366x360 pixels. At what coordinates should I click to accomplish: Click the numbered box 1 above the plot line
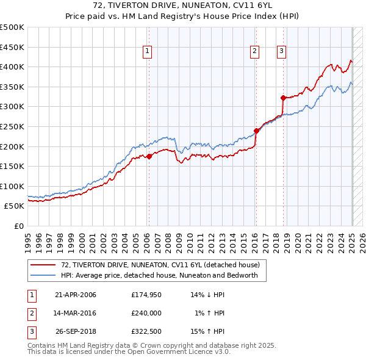tap(148, 52)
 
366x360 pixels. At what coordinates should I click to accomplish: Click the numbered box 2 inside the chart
tap(254, 52)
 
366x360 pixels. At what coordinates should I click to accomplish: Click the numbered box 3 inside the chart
tap(281, 52)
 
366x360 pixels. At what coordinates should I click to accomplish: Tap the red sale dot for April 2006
tap(149, 156)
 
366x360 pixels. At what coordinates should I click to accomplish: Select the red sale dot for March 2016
tap(256, 130)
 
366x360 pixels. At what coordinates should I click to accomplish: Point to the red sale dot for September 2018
tap(283, 98)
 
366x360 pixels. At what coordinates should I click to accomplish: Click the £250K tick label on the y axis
tap(12, 126)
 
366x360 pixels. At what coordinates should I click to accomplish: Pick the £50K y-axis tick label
tap(14, 206)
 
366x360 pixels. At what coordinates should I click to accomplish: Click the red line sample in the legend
tap(43, 265)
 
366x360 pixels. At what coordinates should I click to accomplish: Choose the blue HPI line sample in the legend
tap(43, 275)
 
